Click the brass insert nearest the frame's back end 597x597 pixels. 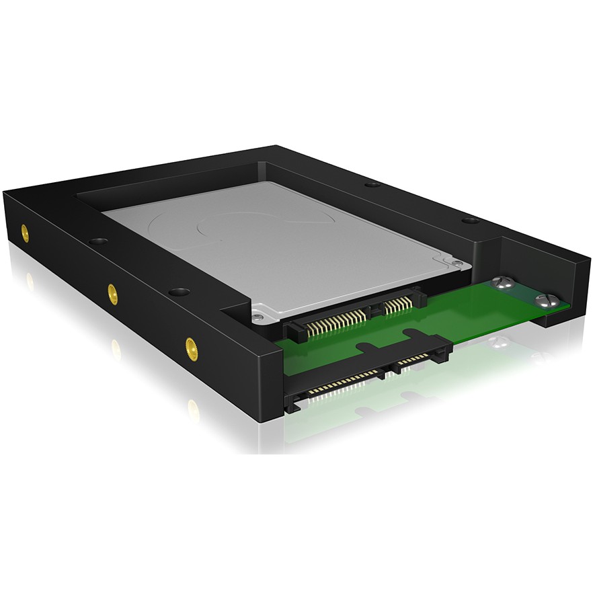pyautogui.click(x=25, y=233)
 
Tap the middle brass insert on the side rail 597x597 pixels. pyautogui.click(x=112, y=292)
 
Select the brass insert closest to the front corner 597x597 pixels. pyautogui.click(x=192, y=346)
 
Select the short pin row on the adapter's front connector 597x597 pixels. pyautogui.click(x=411, y=364)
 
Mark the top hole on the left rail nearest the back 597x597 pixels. pyautogui.click(x=97, y=241)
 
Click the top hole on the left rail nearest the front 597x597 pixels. pyautogui.click(x=179, y=292)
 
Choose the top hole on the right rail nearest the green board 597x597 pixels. pyautogui.click(x=471, y=221)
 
